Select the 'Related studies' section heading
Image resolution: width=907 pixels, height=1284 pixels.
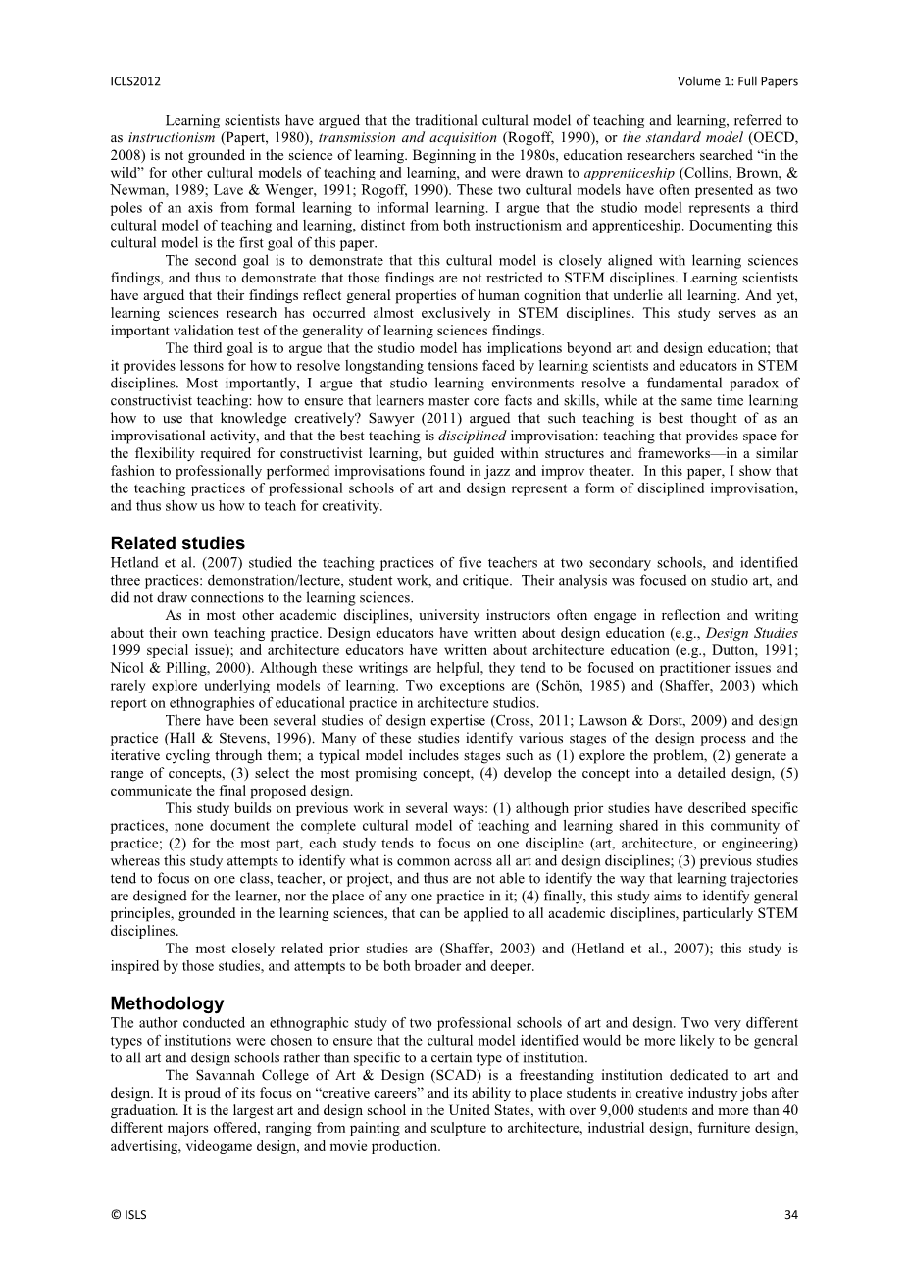(x=177, y=543)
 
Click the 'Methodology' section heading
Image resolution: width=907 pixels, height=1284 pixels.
(x=167, y=1003)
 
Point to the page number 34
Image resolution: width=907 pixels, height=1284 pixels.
(x=791, y=1214)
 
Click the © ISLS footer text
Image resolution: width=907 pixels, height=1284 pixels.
(x=128, y=1214)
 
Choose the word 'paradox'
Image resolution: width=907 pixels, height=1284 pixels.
(x=758, y=383)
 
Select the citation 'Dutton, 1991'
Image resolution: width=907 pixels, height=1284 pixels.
(x=746, y=650)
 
